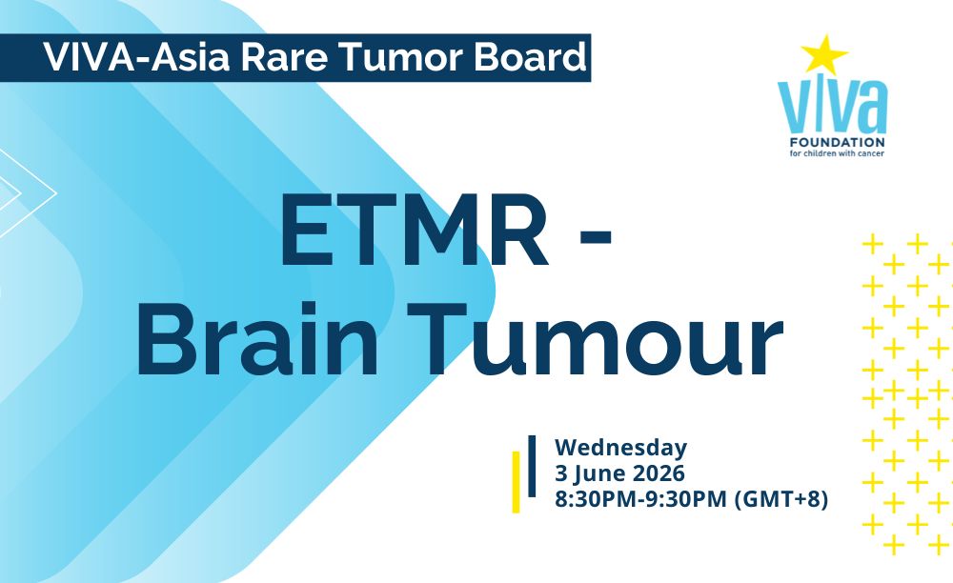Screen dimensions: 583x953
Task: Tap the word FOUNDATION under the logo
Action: pos(832,142)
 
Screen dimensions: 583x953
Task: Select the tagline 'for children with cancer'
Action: pos(832,153)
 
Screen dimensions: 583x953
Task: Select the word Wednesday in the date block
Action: pos(620,448)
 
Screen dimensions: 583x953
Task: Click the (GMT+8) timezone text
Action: pos(782,499)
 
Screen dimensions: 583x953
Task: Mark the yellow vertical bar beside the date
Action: pos(516,482)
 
